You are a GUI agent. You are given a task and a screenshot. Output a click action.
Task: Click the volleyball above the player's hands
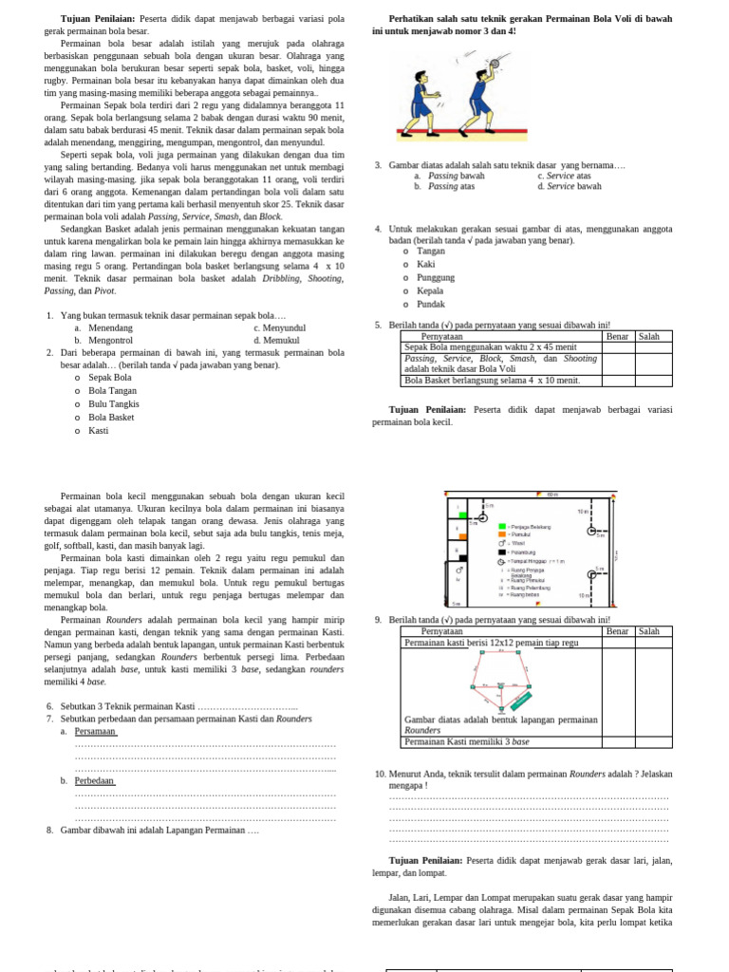coord(494,64)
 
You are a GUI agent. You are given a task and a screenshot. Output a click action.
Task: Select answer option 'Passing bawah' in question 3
coord(457,176)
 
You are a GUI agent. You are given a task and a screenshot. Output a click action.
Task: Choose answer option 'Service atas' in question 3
coord(569,176)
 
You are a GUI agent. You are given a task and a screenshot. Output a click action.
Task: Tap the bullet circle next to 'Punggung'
coord(405,278)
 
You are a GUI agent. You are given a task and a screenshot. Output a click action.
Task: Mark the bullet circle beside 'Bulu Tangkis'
coord(77,403)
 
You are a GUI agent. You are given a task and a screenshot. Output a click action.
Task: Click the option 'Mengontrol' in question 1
coord(110,340)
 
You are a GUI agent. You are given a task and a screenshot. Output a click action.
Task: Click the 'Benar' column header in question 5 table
coord(617,337)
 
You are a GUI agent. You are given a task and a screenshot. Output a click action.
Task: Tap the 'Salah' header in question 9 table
coord(648,631)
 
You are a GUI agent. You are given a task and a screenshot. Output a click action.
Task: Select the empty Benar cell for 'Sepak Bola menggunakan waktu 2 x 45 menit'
coord(618,347)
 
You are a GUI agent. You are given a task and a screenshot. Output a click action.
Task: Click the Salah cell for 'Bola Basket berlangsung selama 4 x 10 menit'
coord(653,381)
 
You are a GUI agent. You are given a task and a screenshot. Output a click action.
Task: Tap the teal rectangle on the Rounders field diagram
coord(521,700)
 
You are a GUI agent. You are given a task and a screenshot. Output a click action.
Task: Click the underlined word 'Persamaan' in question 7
coord(95,732)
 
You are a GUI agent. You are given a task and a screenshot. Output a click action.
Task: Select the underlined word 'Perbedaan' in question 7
coord(95,780)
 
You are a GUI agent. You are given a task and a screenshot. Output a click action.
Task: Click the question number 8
coord(49,830)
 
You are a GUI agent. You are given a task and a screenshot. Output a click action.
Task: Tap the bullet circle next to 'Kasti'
coord(77,430)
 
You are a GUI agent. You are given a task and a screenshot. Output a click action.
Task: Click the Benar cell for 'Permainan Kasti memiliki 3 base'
coord(618,742)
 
